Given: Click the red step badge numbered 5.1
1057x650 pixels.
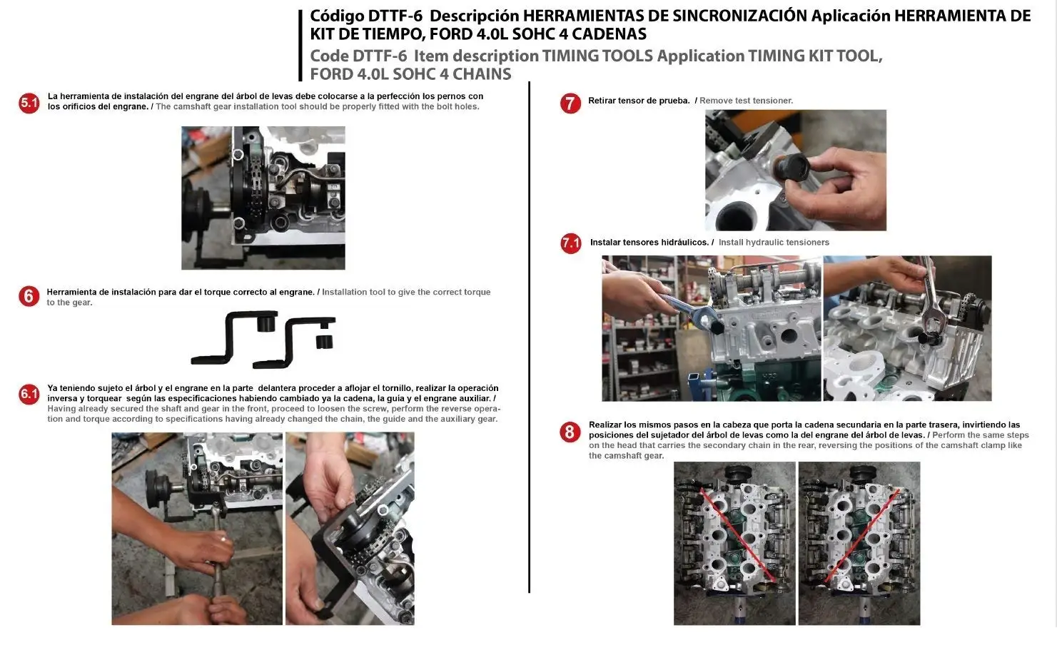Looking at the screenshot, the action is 29,103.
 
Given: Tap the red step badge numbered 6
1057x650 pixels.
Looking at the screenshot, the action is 29,296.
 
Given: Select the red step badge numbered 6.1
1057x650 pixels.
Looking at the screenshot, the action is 29,394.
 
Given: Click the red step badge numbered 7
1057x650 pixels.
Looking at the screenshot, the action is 570,103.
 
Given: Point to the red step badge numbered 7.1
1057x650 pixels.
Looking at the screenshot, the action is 571,243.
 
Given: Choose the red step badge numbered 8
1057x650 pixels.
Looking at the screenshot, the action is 570,432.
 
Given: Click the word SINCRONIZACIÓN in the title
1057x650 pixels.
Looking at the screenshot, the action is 739,16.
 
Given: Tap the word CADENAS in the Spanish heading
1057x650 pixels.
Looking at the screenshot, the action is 609,34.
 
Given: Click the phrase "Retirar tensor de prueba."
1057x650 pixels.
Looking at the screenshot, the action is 639,101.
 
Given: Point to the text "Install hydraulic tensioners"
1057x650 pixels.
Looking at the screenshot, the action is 774,243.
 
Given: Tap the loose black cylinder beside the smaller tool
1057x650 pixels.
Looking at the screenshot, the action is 324,342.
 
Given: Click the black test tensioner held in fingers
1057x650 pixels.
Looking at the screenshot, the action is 792,168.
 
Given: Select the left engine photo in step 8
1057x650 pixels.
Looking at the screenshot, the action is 734,544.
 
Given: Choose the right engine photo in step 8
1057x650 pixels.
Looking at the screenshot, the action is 859,544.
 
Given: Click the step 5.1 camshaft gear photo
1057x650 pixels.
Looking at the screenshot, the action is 263,198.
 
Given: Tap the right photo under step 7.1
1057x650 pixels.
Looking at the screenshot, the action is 907,328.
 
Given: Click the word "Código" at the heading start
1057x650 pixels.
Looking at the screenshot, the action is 336,16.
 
